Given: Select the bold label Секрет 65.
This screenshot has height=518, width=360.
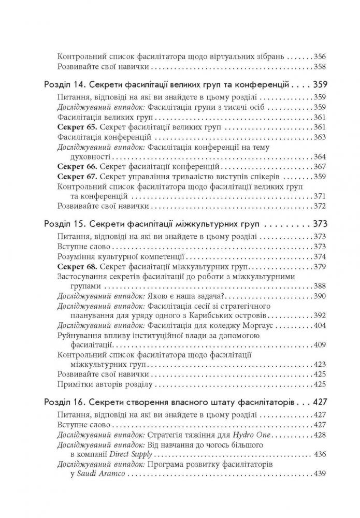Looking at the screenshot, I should coord(76,127).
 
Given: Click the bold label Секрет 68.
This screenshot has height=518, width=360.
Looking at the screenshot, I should coord(76,266).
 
